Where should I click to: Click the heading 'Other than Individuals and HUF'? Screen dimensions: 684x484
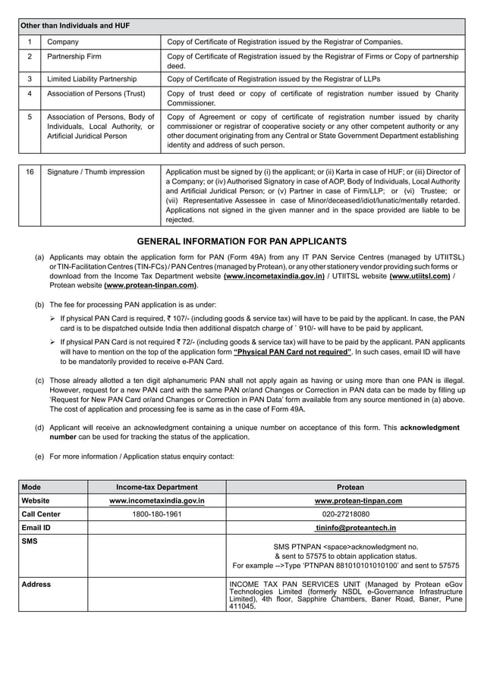pos(74,26)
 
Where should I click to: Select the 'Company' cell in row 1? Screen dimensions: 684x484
pos(63,42)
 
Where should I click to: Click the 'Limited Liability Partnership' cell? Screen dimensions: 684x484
pos(92,79)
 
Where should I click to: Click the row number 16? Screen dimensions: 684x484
pos(30,172)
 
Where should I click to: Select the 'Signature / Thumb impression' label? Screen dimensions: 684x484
pos(96,172)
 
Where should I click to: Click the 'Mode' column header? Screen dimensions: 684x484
pos(31,487)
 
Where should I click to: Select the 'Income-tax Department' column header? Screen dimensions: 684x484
pos(156,487)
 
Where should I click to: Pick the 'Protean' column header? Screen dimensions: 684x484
pos(350,487)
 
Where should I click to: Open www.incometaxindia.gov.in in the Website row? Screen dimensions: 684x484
pos(156,500)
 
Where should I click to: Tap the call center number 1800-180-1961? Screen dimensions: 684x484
pos(156,514)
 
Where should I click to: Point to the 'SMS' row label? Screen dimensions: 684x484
pos(30,541)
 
